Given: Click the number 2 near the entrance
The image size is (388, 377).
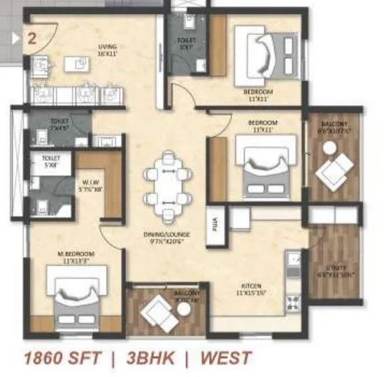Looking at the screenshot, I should [32, 37].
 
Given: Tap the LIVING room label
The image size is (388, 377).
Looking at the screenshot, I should [106, 48].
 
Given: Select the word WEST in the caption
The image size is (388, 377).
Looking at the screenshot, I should [225, 358].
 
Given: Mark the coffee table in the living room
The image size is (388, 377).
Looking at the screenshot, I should [78, 64].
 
